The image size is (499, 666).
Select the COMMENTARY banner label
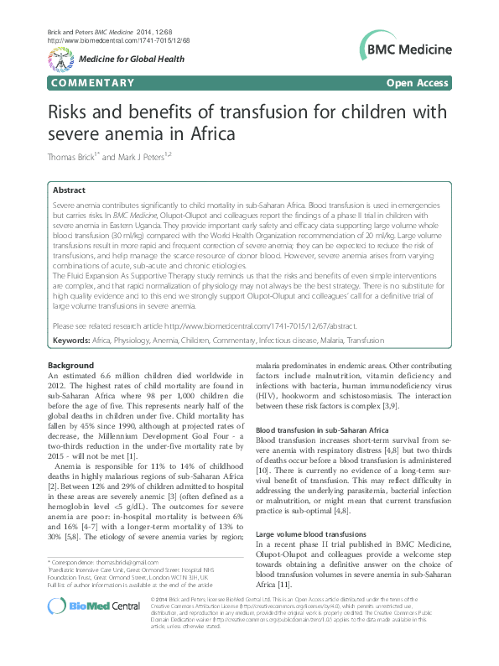click(x=92, y=82)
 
